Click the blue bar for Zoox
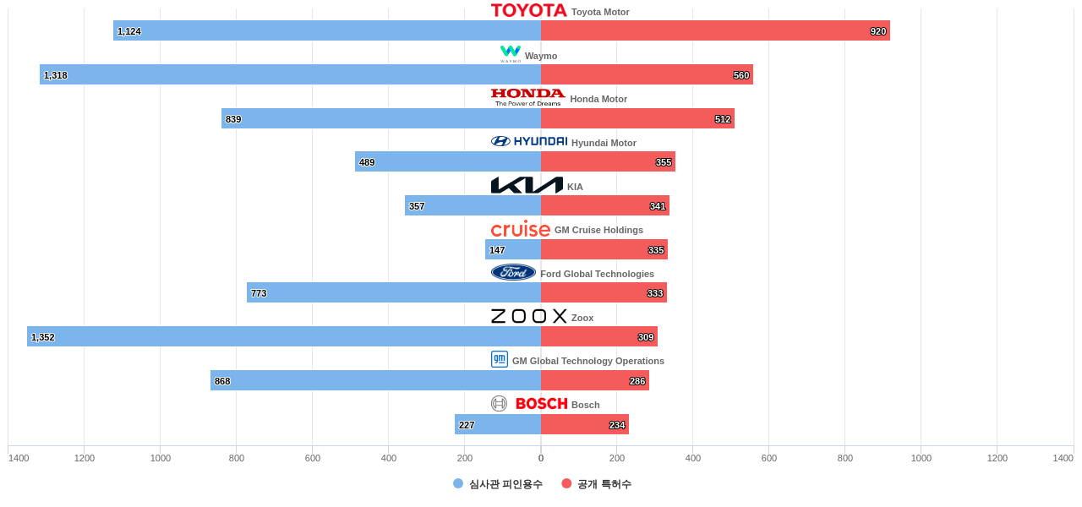tap(284, 336)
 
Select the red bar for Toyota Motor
tap(715, 30)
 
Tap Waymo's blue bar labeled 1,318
tap(290, 74)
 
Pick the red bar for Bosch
tap(585, 424)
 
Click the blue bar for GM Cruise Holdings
tap(513, 249)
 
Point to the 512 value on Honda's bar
tap(723, 119)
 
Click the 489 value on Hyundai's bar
tap(367, 162)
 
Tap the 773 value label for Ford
tap(259, 293)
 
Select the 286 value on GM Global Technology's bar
tap(637, 381)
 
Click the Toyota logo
tap(529, 10)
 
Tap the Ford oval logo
tap(513, 272)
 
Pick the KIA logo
tap(527, 185)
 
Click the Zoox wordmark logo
tap(529, 316)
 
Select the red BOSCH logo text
tap(542, 404)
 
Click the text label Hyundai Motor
tap(604, 143)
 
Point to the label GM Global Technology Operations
tap(588, 361)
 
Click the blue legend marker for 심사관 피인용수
tap(458, 483)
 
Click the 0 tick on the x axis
tap(541, 458)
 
